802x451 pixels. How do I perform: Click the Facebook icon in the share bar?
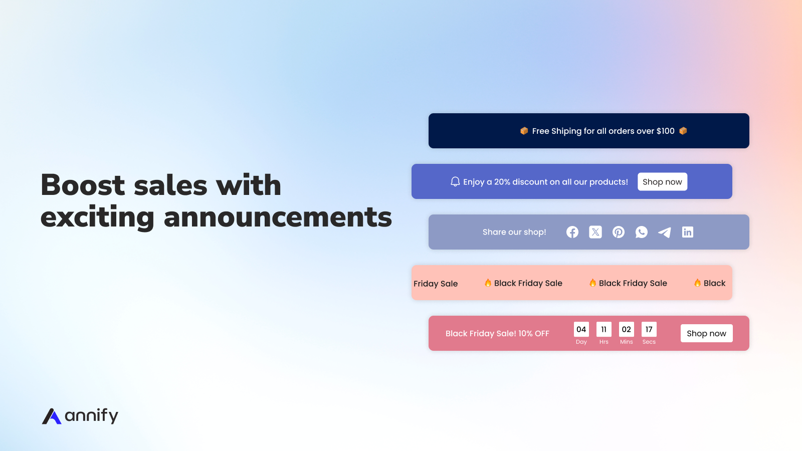click(x=572, y=233)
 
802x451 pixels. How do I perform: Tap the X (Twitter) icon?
click(x=595, y=233)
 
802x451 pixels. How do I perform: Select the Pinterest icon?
click(x=619, y=233)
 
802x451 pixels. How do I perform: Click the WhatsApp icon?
click(x=641, y=233)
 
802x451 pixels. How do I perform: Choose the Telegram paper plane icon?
click(x=665, y=233)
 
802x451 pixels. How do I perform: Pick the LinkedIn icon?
click(x=687, y=233)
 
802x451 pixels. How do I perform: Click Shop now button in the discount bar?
click(x=662, y=182)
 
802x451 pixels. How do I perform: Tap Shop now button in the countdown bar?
click(x=706, y=333)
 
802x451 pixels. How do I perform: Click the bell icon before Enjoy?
click(x=455, y=181)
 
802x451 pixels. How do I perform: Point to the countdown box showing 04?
click(x=581, y=329)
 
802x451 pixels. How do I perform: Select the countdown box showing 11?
click(x=604, y=329)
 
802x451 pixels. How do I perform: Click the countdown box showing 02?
click(x=626, y=329)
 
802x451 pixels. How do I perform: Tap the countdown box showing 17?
click(x=649, y=329)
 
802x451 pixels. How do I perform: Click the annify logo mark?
click(x=52, y=416)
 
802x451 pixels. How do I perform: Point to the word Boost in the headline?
click(x=83, y=185)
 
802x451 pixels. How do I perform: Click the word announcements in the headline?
click(x=278, y=217)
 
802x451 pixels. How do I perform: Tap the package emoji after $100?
click(x=683, y=131)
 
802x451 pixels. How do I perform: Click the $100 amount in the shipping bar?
click(x=666, y=131)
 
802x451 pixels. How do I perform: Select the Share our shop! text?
click(x=514, y=232)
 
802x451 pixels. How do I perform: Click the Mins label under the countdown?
click(x=626, y=342)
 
